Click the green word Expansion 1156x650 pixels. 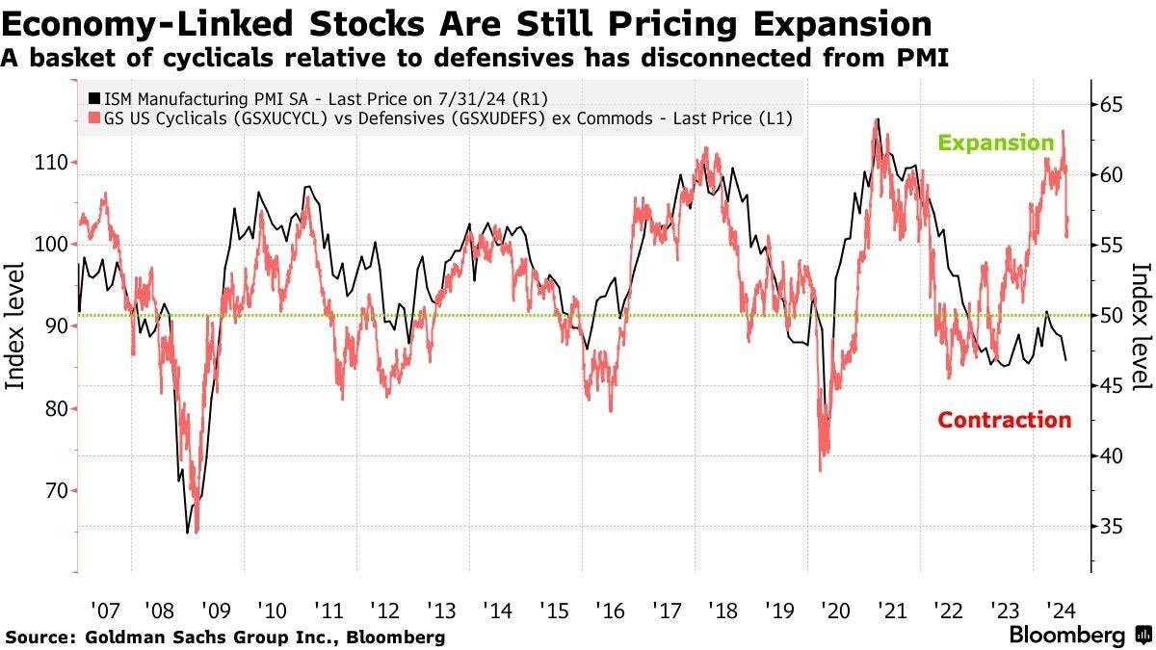tap(996, 143)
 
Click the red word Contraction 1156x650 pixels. tap(1004, 420)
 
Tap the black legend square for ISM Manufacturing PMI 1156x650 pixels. tap(93, 97)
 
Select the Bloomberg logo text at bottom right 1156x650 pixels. tap(1067, 636)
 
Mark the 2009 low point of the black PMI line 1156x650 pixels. tap(187, 532)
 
